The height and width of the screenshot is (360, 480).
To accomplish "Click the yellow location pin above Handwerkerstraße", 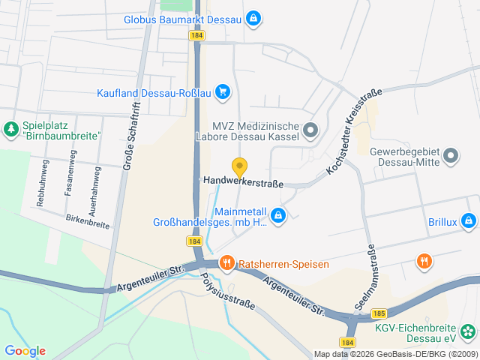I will tap(239, 167).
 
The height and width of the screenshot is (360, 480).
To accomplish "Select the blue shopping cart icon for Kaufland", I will tap(222, 92).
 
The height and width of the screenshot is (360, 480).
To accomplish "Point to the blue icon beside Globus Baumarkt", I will tap(253, 17).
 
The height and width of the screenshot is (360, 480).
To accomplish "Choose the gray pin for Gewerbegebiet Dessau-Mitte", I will tap(450, 156).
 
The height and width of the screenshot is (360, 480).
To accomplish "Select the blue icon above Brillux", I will tap(469, 220).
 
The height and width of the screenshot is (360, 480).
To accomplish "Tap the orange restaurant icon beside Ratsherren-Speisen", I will tap(226, 264).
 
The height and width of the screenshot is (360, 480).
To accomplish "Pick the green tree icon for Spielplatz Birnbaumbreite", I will tap(11, 130).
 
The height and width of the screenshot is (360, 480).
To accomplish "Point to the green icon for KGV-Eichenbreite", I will tap(468, 331).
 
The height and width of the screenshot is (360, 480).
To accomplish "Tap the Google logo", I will tap(25, 350).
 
